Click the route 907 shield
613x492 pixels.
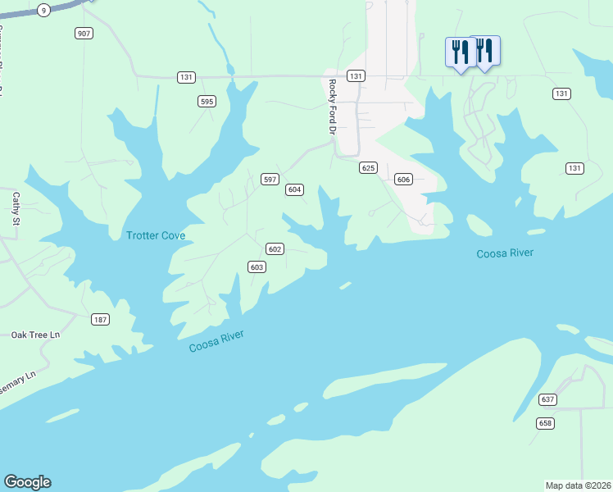pos(83,34)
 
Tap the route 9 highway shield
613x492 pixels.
pos(43,10)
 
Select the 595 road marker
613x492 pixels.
pos(207,102)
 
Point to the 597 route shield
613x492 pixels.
pos(270,179)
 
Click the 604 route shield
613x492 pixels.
pos(295,189)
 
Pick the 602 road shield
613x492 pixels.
pos(275,249)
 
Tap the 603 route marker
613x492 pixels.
pos(257,267)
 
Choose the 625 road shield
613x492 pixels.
pos(368,168)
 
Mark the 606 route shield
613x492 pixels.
pos(402,179)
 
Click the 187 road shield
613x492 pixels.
pos(100,319)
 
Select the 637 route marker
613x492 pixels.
pos(547,399)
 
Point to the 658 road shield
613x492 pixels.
pos(545,423)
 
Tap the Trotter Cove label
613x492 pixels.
pos(156,236)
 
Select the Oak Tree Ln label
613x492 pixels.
pos(36,335)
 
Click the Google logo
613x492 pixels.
pos(27,482)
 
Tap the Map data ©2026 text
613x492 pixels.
pos(578,485)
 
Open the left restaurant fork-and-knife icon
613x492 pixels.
pos(460,52)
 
